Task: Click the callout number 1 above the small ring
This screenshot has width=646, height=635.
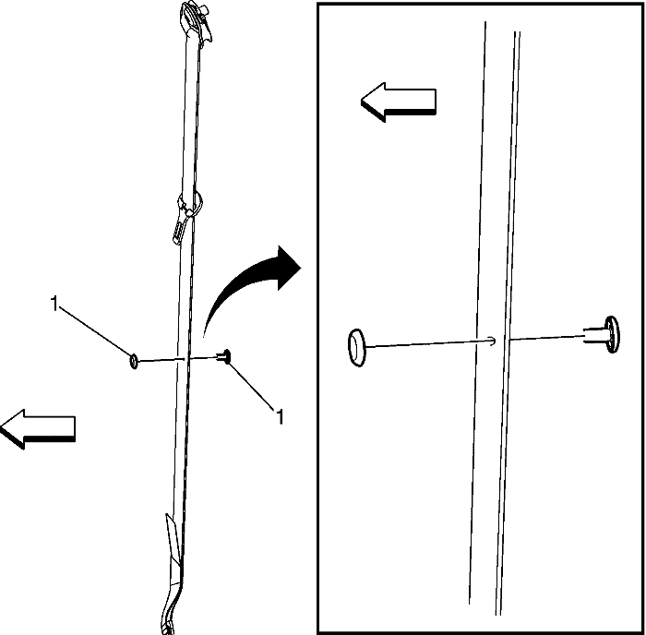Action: pos(54,304)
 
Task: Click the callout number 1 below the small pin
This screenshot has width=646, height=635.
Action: pos(280,417)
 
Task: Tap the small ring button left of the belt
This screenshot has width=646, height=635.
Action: pos(134,362)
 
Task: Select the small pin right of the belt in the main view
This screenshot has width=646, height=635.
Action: pos(225,356)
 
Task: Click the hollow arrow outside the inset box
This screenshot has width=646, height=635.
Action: pos(38,429)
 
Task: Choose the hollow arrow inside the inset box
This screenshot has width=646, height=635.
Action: pos(399,102)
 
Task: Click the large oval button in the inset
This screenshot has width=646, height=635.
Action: pos(357,348)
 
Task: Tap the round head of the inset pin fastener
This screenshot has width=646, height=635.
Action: pos(612,334)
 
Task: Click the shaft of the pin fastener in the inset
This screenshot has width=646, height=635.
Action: pos(594,335)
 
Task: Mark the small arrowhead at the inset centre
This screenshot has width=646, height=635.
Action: pos(491,341)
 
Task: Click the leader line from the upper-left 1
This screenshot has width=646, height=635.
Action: pos(95,331)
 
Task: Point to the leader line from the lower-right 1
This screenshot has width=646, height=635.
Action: pos(251,386)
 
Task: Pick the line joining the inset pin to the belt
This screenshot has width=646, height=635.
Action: pos(546,338)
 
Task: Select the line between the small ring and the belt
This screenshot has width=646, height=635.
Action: pos(161,360)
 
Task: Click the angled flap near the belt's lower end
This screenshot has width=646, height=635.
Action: pos(173,539)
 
